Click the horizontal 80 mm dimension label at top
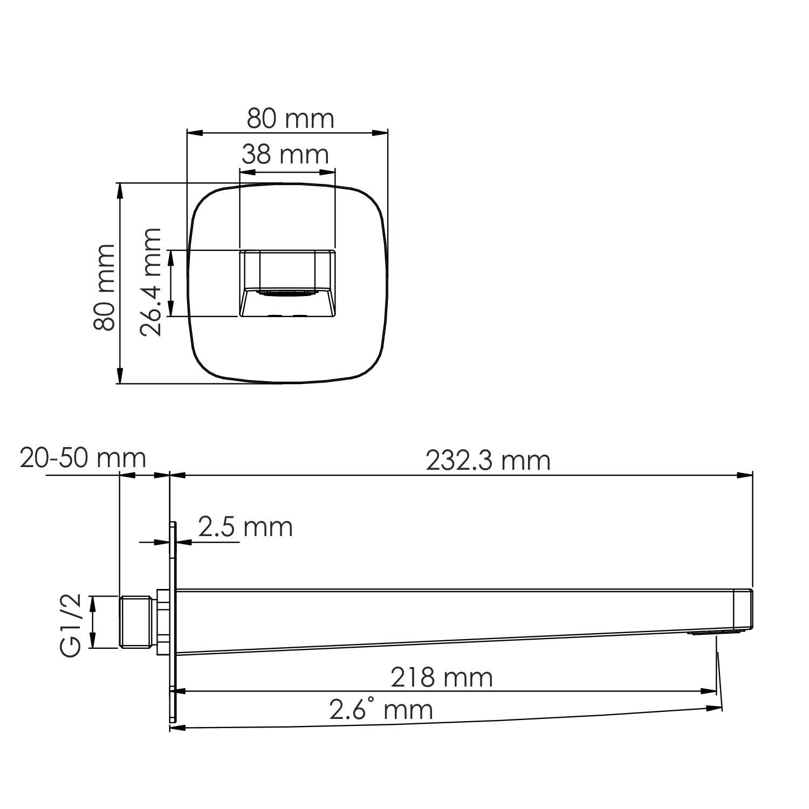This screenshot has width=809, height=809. tap(290, 119)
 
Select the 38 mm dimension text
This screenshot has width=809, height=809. tap(285, 155)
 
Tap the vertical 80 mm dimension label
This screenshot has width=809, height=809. tap(105, 287)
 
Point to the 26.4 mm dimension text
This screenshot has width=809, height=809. tap(151, 283)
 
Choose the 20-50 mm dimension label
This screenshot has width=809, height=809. tap(83, 458)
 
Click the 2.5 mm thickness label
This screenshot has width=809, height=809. tap(245, 527)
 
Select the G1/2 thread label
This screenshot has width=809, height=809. tap(71, 625)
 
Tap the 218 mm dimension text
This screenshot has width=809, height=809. tap(441, 677)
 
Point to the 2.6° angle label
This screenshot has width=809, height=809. tap(381, 710)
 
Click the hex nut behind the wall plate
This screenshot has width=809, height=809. tap(162, 621)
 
